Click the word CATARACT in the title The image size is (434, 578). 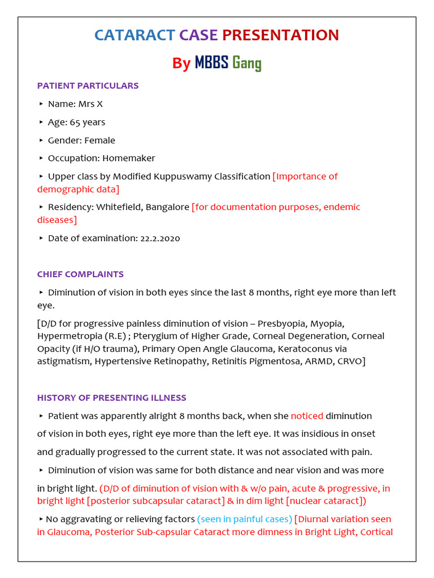point(134,35)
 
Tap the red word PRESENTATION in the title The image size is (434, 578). point(280,35)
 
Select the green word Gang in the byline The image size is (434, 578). point(247,63)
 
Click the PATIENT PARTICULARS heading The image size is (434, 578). point(88,86)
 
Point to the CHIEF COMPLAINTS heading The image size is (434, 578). point(80,274)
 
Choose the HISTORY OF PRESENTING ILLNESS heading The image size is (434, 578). point(111,398)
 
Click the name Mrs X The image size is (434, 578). point(91,104)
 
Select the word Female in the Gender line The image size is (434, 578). point(99,140)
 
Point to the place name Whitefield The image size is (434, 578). point(119,207)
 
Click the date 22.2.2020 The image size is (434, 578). point(159,238)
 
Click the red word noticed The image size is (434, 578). point(307,416)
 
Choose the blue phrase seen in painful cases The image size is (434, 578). point(244,519)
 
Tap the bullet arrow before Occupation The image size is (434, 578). point(41,158)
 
